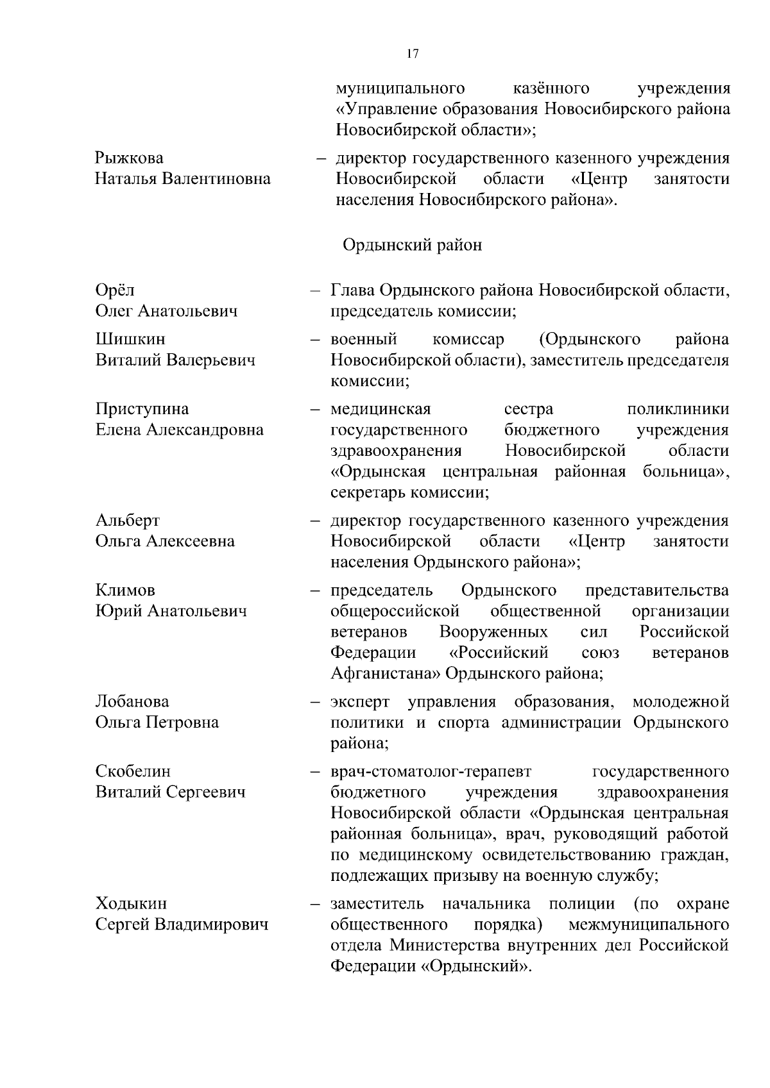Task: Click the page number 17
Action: (413, 54)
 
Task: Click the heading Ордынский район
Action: (412, 246)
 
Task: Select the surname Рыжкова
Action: (129, 158)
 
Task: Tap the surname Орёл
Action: (115, 290)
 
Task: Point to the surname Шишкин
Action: (130, 339)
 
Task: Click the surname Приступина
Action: (142, 409)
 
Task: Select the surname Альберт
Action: (128, 520)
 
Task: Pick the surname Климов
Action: (125, 590)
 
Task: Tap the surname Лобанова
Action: (132, 701)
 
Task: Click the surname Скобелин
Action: (133, 771)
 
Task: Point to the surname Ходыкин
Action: (131, 904)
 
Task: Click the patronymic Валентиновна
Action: (216, 179)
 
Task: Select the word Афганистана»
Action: (384, 674)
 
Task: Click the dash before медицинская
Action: (315, 409)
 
